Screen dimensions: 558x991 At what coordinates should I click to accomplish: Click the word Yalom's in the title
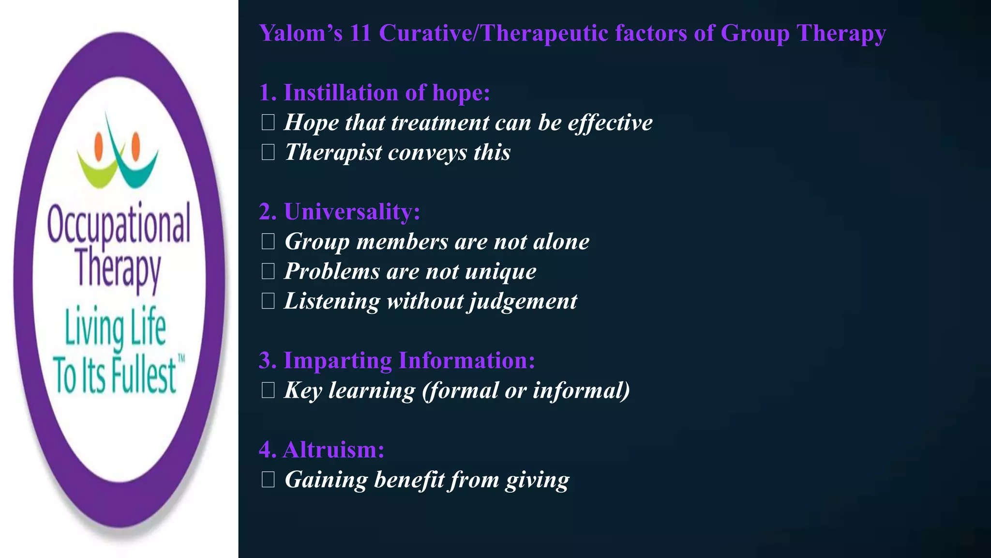click(x=300, y=33)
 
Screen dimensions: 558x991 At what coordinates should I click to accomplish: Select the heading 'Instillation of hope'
click(x=374, y=93)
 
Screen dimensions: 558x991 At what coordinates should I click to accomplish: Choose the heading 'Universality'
click(x=339, y=212)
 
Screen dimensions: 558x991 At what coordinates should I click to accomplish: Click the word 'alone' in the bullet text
click(x=561, y=242)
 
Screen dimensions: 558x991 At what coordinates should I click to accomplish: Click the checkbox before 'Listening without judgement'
click(x=268, y=301)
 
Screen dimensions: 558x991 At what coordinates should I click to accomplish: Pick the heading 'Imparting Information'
click(x=396, y=361)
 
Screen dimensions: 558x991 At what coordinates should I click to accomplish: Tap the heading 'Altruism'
click(x=321, y=450)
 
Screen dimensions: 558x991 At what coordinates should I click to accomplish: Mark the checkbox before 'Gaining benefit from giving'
click(x=268, y=480)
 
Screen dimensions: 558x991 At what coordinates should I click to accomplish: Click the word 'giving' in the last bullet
click(x=537, y=480)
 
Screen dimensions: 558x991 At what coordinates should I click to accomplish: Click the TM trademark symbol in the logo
click(x=181, y=359)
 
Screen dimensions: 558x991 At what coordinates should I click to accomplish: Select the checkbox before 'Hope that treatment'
click(x=268, y=123)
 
